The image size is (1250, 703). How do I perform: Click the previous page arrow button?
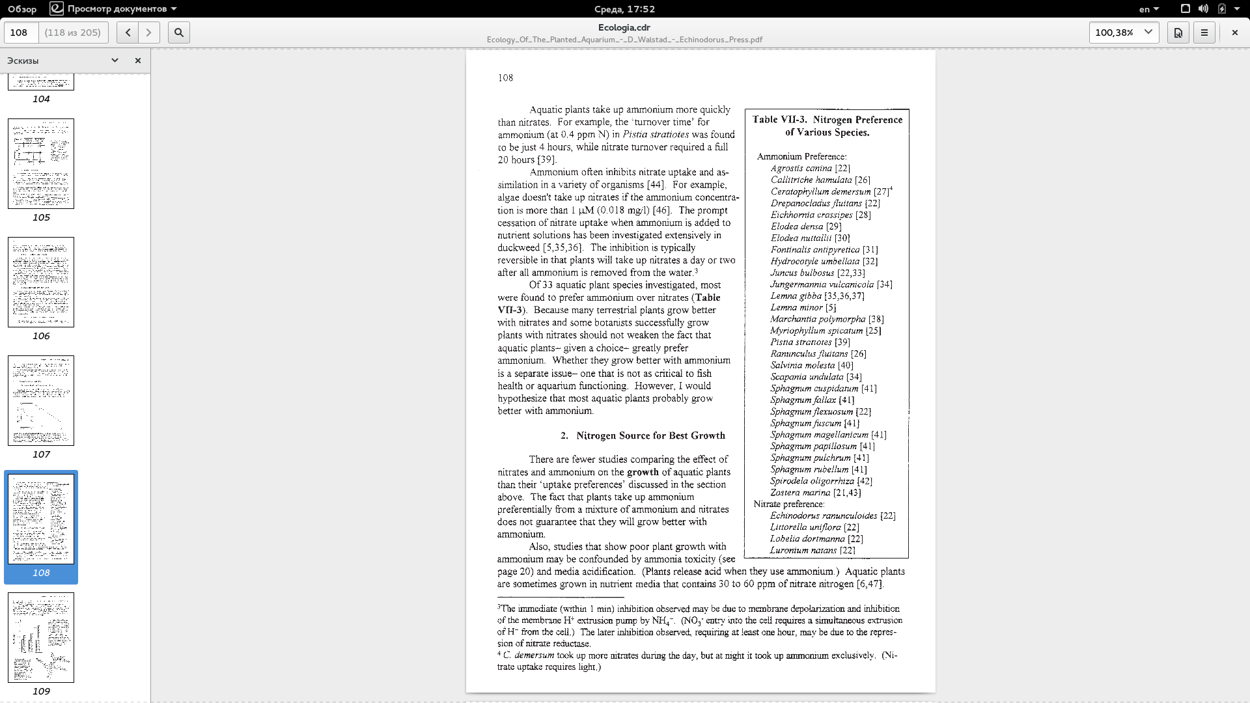click(128, 33)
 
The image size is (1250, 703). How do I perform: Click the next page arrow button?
click(149, 33)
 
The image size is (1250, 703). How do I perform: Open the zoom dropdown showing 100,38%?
click(1124, 33)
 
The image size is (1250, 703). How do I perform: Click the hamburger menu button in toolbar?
click(1204, 33)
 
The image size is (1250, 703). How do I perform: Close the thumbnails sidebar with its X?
click(138, 61)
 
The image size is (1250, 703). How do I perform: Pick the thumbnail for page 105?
click(41, 163)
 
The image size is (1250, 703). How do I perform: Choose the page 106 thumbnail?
click(41, 282)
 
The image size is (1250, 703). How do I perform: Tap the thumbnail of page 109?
click(41, 637)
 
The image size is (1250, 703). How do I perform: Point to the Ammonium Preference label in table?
click(801, 156)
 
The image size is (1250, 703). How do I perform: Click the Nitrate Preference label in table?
click(789, 504)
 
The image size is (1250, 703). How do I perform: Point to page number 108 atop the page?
click(505, 78)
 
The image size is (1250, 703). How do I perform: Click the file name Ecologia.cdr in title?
click(624, 27)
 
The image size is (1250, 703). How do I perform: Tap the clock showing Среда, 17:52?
click(624, 9)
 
